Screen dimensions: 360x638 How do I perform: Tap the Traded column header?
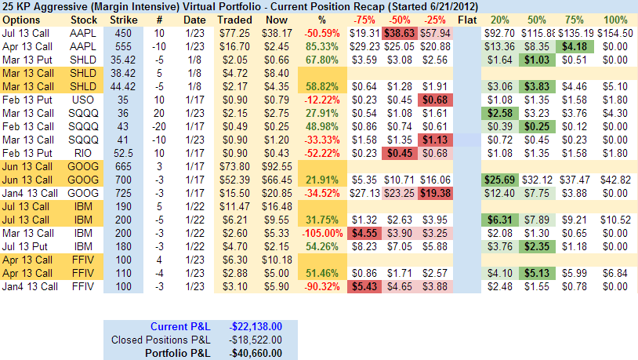(x=234, y=19)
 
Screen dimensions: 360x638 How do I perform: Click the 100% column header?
(x=615, y=19)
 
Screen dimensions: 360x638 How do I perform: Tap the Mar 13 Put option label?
(x=26, y=60)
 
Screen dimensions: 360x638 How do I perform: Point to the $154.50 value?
(x=614, y=34)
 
